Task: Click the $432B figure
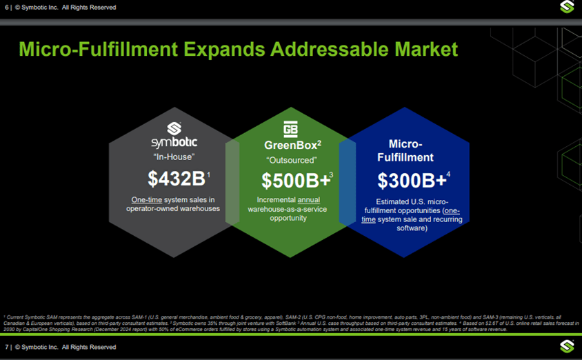(x=177, y=179)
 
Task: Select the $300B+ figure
(x=411, y=181)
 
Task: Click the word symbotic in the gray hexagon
(x=174, y=142)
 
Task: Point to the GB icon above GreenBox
(x=290, y=129)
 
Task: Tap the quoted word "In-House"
(x=174, y=157)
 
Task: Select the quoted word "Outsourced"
(x=291, y=161)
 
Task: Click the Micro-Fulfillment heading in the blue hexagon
(x=405, y=151)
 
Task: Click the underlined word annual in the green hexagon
(x=317, y=200)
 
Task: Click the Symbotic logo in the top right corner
(x=567, y=7)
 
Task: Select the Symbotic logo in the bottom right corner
(x=567, y=346)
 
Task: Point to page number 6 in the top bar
(x=6, y=8)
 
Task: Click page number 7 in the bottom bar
(x=6, y=347)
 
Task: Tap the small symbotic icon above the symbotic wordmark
(x=174, y=128)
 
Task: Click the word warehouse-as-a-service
(x=288, y=209)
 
